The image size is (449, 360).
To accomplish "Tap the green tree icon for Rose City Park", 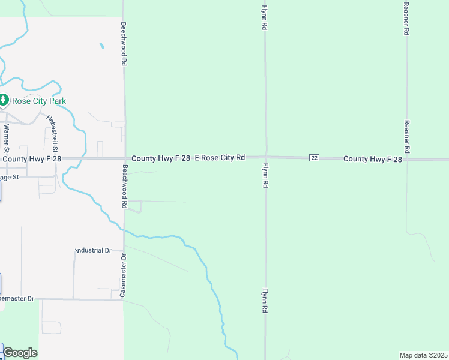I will [x=4, y=100].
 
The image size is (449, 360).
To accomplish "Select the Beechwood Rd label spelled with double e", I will [x=123, y=44].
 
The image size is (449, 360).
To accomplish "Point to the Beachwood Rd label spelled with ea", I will [x=125, y=187].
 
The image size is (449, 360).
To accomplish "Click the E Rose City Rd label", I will [x=220, y=158].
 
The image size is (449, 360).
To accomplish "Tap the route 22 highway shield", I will [x=315, y=158].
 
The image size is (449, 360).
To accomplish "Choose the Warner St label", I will [x=7, y=137].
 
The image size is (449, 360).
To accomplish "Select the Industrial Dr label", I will [x=94, y=250].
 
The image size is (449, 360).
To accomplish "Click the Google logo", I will [x=20, y=353].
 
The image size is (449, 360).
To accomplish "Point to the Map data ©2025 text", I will [x=423, y=355].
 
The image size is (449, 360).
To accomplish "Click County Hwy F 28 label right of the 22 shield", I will [x=372, y=158].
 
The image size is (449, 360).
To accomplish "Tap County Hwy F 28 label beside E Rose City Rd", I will [x=161, y=158].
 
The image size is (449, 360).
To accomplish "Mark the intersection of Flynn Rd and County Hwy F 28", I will [x=266, y=157].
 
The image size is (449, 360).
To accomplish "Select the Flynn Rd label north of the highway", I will [x=264, y=19].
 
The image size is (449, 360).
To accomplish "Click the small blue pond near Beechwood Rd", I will [x=101, y=45].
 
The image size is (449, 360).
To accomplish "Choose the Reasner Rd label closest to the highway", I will [x=406, y=136].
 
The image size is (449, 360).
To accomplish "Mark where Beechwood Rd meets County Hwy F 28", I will [x=124, y=158].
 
